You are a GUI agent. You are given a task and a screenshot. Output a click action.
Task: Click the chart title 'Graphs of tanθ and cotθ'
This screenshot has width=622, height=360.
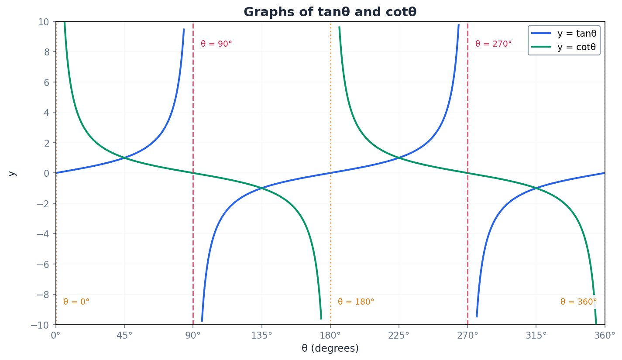click(330, 12)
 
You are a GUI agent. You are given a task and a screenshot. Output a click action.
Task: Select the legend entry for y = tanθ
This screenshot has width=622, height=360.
click(576, 34)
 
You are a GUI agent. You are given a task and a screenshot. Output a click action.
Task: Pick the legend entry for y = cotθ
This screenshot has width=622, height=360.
click(576, 47)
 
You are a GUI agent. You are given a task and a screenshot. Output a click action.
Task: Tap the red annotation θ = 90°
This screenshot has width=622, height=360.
click(216, 44)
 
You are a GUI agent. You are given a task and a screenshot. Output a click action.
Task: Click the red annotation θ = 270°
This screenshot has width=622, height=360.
click(493, 44)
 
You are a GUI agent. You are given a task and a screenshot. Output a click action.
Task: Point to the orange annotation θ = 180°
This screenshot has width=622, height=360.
click(356, 302)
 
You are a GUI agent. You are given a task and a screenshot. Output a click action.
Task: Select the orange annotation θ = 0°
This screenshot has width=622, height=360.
click(76, 302)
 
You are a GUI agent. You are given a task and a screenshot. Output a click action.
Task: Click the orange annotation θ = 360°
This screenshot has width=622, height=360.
click(578, 302)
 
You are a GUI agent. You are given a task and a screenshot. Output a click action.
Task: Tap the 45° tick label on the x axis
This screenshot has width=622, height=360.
click(124, 336)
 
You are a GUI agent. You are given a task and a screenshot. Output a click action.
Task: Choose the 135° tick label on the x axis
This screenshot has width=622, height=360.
click(261, 336)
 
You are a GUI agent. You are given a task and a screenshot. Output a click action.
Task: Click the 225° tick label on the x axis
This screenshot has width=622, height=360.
click(399, 336)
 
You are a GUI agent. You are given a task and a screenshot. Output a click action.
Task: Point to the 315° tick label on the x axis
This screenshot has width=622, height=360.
click(536, 336)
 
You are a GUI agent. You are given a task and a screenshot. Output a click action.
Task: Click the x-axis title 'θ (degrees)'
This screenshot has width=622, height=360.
click(330, 349)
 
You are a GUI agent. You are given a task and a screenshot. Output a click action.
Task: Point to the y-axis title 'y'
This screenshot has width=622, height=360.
click(12, 173)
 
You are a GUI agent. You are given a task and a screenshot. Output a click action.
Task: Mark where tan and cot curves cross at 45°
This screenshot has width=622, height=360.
click(124, 158)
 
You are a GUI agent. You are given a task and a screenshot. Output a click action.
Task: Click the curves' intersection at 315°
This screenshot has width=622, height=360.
click(536, 188)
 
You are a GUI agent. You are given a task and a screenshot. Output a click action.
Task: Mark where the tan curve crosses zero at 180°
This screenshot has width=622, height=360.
click(330, 173)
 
